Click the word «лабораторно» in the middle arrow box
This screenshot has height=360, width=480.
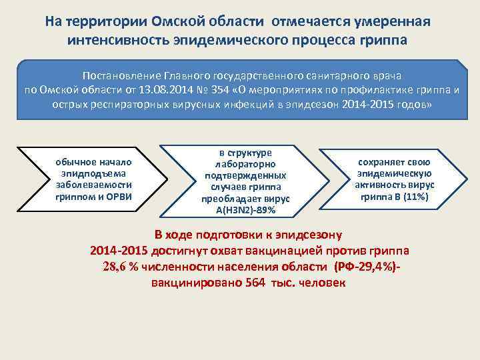[x=245, y=164]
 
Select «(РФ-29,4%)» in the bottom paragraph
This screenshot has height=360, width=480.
[x=365, y=267]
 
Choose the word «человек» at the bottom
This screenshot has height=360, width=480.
[x=322, y=283]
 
